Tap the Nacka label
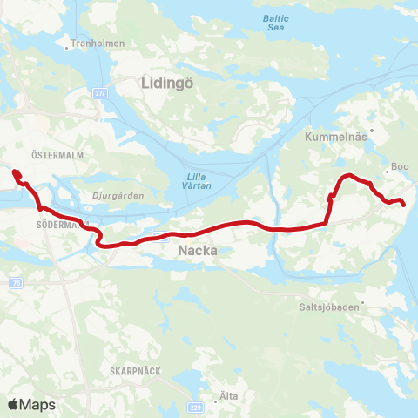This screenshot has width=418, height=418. [x=197, y=251]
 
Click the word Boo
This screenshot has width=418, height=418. [x=401, y=167]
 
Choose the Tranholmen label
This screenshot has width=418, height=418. [x=99, y=43]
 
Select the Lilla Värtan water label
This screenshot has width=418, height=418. [x=198, y=179]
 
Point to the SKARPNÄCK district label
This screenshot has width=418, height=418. [x=135, y=370]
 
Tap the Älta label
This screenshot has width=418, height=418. [x=230, y=395]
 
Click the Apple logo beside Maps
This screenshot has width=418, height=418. [x=14, y=404]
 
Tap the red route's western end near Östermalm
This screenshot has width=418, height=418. [x=16, y=172]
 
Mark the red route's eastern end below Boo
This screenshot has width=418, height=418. [x=403, y=203]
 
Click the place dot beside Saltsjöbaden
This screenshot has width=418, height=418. [x=366, y=305]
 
